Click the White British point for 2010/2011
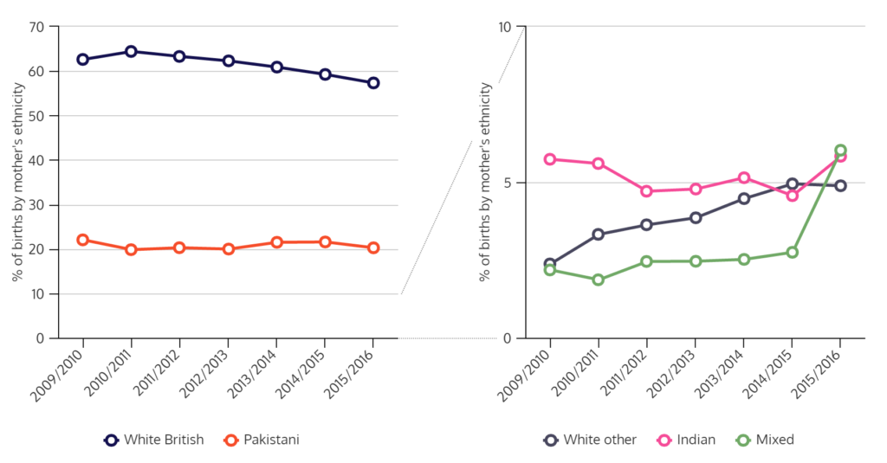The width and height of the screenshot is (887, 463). click(x=131, y=51)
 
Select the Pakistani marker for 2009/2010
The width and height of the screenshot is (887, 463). click(x=82, y=240)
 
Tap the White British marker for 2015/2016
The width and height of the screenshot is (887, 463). click(x=373, y=83)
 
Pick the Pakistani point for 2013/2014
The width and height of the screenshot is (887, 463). click(x=276, y=242)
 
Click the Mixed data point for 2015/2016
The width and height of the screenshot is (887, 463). click(x=840, y=151)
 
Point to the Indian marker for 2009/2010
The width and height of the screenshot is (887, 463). click(x=549, y=159)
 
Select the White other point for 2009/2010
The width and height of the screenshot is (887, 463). click(x=549, y=263)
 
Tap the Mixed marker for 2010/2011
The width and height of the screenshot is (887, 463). click(x=598, y=280)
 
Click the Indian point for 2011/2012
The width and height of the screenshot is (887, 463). click(x=646, y=191)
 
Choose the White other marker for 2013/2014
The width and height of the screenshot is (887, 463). click(x=743, y=198)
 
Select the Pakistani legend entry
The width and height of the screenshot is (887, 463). click(x=261, y=440)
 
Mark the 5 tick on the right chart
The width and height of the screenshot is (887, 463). click(x=508, y=183)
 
